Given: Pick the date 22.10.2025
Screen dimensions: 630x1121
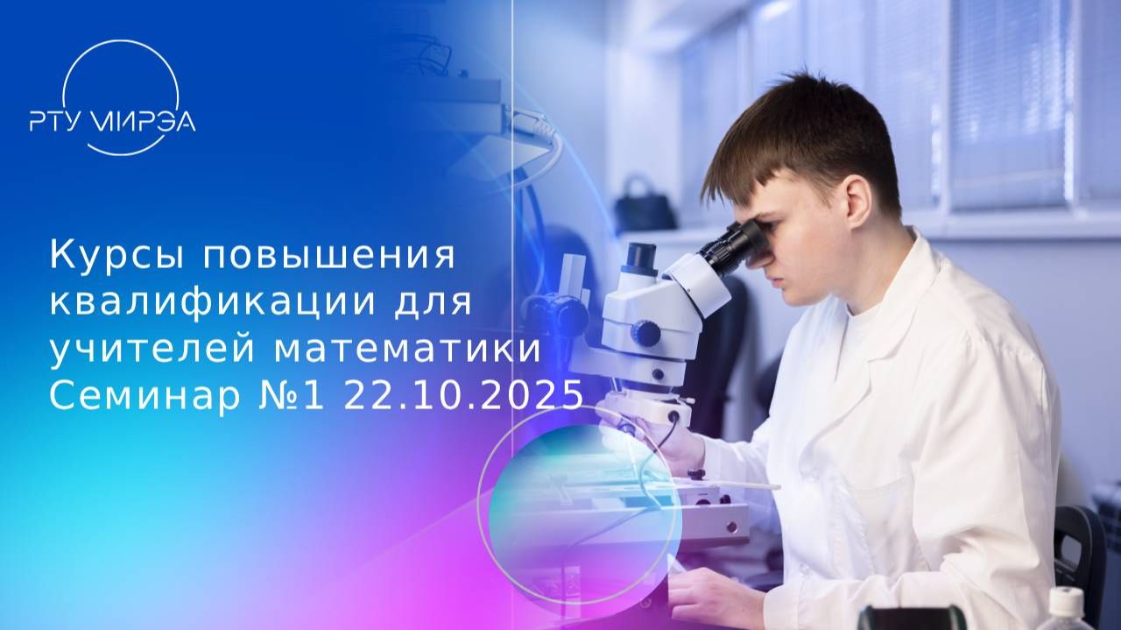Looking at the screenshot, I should click(x=463, y=396).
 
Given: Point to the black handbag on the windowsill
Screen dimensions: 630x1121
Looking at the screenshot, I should click(x=644, y=207).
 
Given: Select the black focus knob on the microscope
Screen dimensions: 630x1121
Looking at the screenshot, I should click(x=645, y=333).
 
